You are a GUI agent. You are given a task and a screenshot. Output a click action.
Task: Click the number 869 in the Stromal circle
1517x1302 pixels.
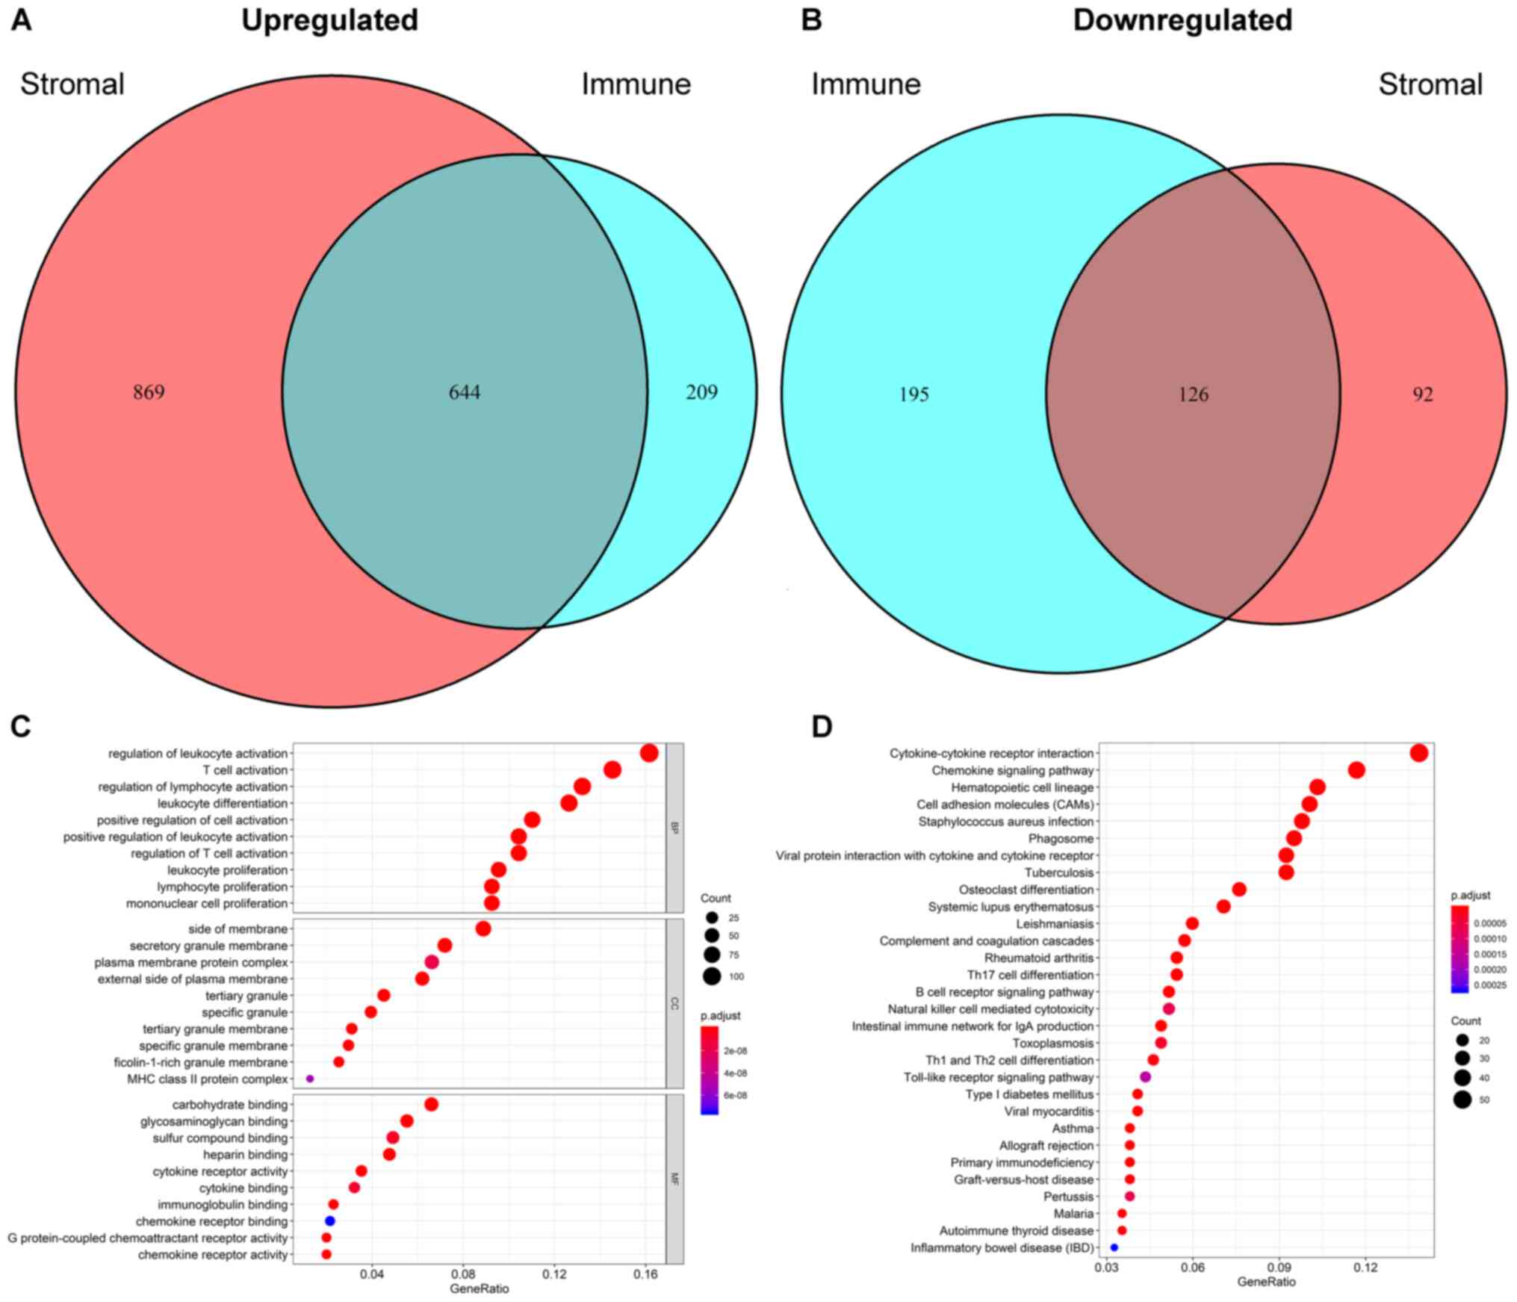pyautogui.click(x=149, y=392)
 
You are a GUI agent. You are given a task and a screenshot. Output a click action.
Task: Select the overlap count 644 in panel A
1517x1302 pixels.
pyautogui.click(x=464, y=392)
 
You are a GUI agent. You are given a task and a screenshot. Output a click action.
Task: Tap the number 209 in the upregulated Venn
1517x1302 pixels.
pyautogui.click(x=701, y=392)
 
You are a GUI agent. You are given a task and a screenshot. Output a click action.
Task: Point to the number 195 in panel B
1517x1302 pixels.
pyautogui.click(x=913, y=394)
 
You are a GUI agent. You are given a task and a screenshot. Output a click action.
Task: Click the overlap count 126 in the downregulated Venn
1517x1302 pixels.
pyautogui.click(x=1193, y=394)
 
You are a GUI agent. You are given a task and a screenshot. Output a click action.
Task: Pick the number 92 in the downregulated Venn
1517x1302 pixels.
pyautogui.click(x=1423, y=394)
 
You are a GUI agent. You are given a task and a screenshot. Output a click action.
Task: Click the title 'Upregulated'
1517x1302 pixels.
pyautogui.click(x=329, y=20)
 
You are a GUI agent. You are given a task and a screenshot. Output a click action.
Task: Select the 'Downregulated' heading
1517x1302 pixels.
pyautogui.click(x=1182, y=20)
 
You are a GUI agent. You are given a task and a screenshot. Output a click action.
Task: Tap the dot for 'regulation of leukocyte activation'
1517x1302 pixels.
pyautogui.click(x=649, y=753)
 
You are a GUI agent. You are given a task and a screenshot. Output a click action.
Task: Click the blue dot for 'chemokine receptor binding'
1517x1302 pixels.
pyautogui.click(x=330, y=1221)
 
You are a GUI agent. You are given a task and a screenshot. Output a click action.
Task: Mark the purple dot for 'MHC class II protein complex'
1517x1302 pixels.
pyautogui.click(x=310, y=1079)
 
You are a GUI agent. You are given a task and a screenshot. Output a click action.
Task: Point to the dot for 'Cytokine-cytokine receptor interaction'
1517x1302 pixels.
pyautogui.click(x=1419, y=753)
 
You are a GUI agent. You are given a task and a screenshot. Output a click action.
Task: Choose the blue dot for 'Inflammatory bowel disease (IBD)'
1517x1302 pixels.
pyautogui.click(x=1114, y=1247)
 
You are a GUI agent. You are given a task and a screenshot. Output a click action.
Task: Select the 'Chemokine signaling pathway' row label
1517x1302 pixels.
pyautogui.click(x=1012, y=770)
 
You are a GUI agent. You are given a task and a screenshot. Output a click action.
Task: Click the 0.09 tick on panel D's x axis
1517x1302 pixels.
pyautogui.click(x=1279, y=1267)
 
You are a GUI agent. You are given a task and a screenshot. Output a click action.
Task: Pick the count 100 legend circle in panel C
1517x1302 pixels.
pyautogui.click(x=711, y=976)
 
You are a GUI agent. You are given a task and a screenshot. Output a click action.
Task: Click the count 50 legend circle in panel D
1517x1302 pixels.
pyautogui.click(x=1462, y=1099)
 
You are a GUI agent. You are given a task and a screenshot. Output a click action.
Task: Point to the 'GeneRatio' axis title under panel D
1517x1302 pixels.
pyautogui.click(x=1267, y=1282)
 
